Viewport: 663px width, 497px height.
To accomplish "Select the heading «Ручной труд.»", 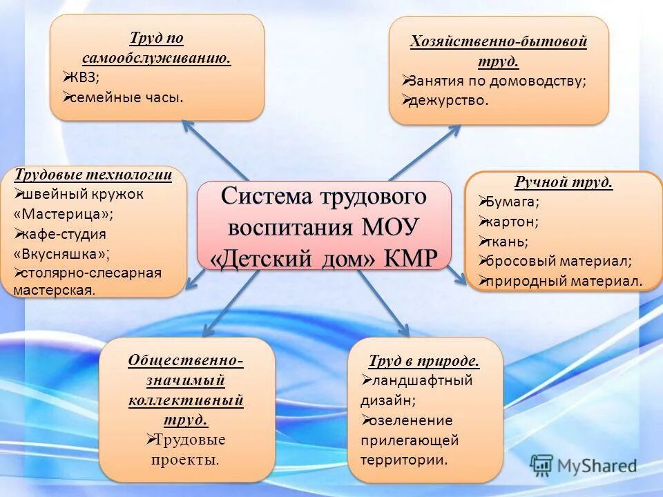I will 564,183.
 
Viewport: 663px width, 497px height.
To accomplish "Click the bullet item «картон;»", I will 512,222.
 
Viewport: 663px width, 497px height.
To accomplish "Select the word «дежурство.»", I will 448,100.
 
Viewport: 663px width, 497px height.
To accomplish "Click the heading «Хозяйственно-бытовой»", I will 499,41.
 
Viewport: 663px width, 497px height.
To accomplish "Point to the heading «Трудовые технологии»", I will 93,175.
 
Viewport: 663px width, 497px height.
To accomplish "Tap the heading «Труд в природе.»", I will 423,361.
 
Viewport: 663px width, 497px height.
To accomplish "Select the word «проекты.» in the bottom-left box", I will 185,459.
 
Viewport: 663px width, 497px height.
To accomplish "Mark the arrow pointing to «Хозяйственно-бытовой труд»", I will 425,152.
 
